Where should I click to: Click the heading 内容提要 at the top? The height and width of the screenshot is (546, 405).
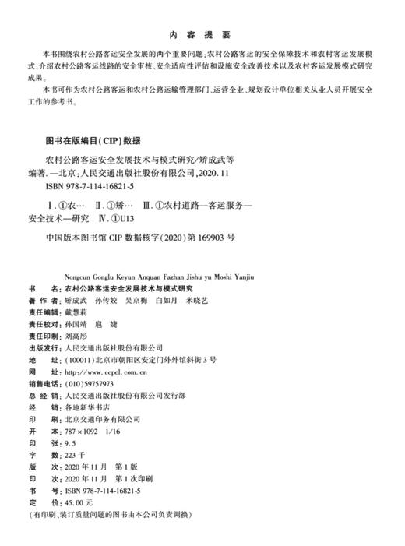202,35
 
